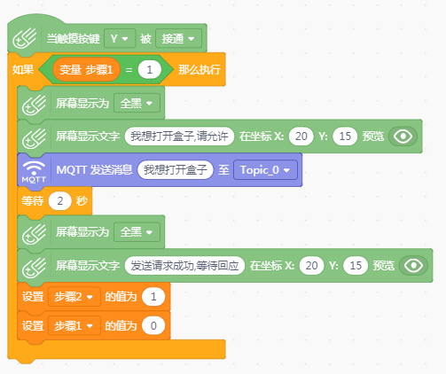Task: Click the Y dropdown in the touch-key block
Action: pos(120,38)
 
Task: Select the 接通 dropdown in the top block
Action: pos(178,38)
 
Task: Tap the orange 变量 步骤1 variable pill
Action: pos(86,70)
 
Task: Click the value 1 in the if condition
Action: pos(150,70)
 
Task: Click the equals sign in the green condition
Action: pos(129,70)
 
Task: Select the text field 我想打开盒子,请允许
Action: pos(179,136)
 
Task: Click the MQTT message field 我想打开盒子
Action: pos(176,170)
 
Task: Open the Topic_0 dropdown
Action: pos(265,170)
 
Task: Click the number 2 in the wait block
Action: pos(60,201)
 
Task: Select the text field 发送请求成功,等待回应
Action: pos(184,266)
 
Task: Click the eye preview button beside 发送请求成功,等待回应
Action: pos(413,266)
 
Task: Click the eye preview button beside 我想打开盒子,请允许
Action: pos(403,136)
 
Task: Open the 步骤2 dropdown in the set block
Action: pos(74,297)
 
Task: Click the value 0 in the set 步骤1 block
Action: pos(153,325)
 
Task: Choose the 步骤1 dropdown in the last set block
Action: pos(74,325)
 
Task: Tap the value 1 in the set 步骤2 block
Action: pos(153,297)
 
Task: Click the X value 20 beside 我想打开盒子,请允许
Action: pos(301,136)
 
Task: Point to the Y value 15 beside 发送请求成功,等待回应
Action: pos(356,266)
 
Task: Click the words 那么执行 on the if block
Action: pos(200,70)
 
